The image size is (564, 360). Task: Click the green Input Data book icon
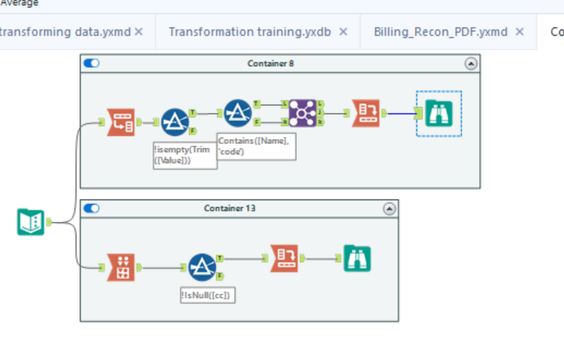coord(30,221)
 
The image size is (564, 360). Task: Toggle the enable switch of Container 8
coord(91,64)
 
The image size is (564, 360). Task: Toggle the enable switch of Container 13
coord(91,209)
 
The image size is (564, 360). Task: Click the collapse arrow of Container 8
coord(471,64)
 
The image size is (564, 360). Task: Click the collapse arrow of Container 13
coord(389,209)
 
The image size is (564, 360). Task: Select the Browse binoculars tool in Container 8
coord(438,113)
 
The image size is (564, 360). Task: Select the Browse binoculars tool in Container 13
coord(357,258)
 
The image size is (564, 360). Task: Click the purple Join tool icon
coord(302,113)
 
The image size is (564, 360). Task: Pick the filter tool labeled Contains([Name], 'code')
coord(237,113)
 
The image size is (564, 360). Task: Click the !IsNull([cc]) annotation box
coord(209,295)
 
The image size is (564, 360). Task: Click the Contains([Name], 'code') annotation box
coord(256,146)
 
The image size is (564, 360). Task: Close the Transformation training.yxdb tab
coord(343,32)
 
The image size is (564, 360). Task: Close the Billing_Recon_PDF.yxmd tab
coord(519,32)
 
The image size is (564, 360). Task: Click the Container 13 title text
coord(230,209)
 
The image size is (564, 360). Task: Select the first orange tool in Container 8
coord(120,123)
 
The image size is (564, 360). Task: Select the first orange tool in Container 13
coord(120,268)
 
